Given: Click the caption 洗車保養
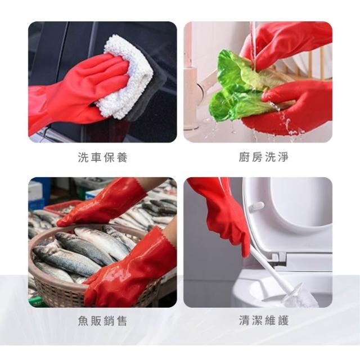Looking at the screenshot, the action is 102,157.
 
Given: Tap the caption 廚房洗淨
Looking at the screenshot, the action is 264,157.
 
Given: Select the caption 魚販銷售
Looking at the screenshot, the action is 102,321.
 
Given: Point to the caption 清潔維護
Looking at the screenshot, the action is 264,321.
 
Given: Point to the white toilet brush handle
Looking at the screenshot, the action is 271,266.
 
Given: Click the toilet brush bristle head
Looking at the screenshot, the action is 301,296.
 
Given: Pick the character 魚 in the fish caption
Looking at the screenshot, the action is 83,321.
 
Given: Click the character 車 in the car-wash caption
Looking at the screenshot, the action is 96,157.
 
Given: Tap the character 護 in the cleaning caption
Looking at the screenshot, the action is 283,321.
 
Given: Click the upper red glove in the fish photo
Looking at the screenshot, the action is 103,202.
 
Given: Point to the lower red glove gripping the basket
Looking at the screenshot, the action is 131,271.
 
